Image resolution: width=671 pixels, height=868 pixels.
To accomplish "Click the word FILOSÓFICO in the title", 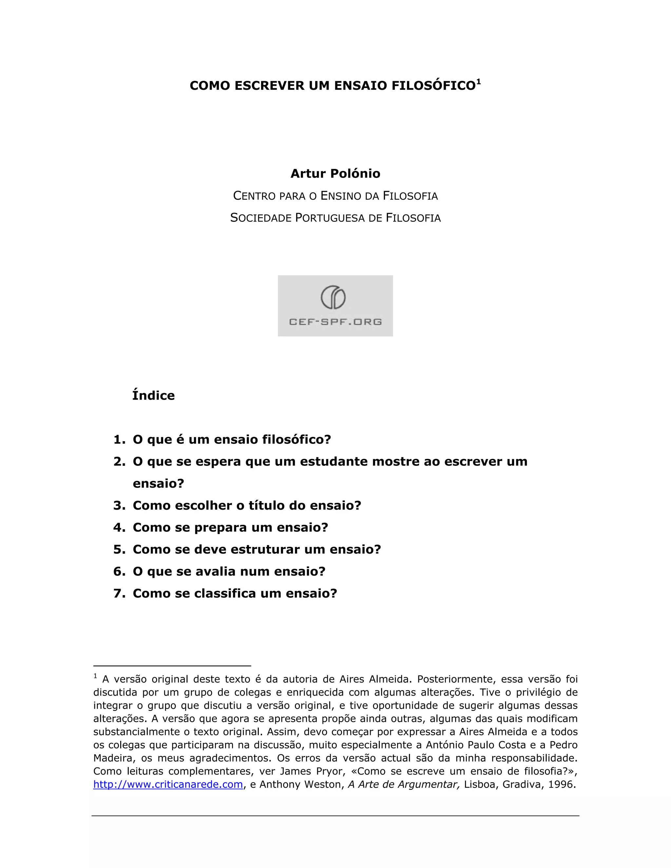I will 434,86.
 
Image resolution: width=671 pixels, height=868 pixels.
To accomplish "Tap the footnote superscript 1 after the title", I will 479,82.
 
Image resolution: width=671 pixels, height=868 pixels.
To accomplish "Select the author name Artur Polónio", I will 335,174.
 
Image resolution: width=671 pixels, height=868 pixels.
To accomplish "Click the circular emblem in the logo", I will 333,297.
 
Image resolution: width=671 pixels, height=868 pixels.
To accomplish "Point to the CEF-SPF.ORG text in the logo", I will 335,322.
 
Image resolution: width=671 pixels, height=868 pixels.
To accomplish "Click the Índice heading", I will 153,395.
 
